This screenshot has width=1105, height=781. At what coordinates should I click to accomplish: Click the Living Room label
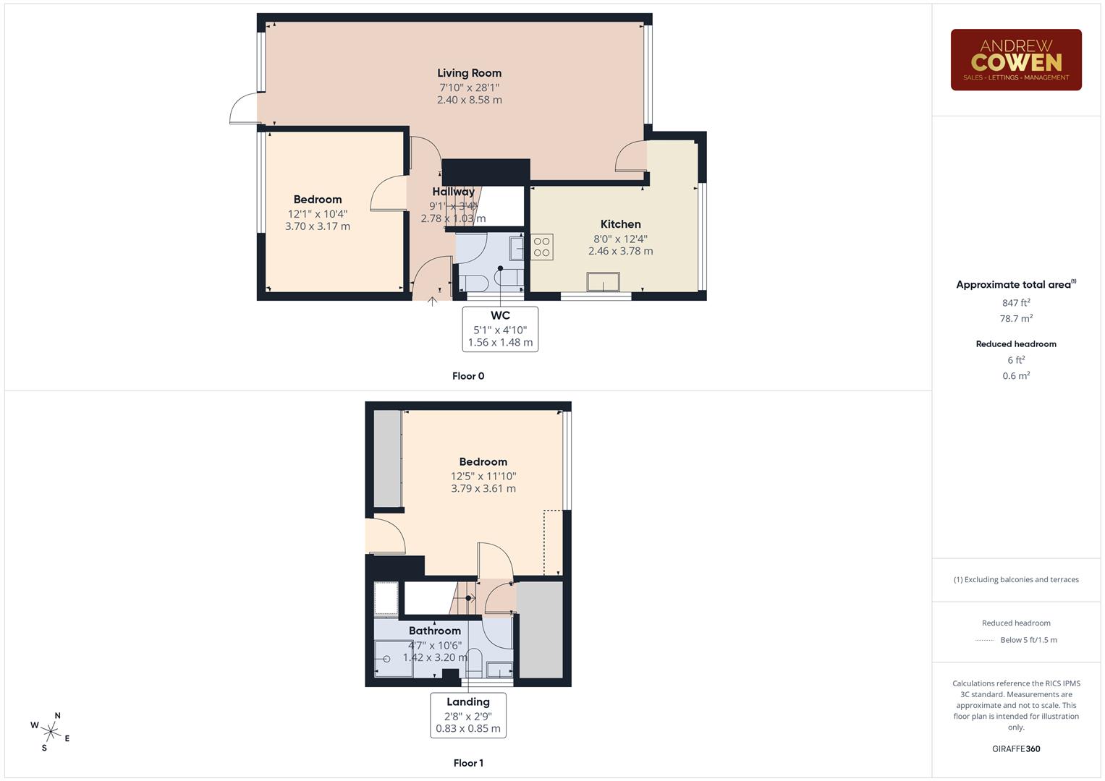[x=469, y=73]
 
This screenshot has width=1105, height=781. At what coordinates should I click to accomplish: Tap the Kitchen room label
[x=620, y=224]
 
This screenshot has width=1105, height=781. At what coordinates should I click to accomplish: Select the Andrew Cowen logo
[x=1015, y=60]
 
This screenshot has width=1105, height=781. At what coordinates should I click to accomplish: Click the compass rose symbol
[x=50, y=732]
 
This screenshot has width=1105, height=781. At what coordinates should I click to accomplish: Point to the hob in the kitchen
[x=542, y=247]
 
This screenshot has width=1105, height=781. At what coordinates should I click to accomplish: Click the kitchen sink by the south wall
[x=604, y=281]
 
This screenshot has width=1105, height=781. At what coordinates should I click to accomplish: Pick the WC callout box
[x=500, y=329]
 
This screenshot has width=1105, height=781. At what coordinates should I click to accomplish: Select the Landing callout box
[x=468, y=715]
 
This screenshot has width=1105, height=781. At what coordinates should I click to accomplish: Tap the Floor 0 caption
[x=468, y=376]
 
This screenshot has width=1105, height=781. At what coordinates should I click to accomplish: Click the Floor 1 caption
[x=467, y=763]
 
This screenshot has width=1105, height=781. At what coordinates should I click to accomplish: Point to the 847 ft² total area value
[x=1015, y=303]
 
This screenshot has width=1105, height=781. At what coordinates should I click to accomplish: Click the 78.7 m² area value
[x=1015, y=318]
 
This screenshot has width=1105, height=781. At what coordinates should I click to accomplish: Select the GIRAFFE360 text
[x=1015, y=748]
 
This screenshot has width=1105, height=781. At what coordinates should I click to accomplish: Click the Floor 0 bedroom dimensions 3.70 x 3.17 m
[x=317, y=226]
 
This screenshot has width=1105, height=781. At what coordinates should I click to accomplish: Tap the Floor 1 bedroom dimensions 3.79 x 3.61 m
[x=483, y=489]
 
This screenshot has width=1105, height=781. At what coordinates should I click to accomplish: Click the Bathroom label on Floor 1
[x=434, y=631]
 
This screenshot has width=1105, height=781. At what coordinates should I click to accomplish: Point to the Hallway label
[x=453, y=192]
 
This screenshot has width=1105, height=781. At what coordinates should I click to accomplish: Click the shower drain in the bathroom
[x=387, y=659]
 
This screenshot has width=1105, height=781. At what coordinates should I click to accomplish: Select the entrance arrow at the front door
[x=432, y=301]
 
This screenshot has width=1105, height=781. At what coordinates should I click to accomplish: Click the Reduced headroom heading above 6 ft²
[x=1015, y=344]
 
